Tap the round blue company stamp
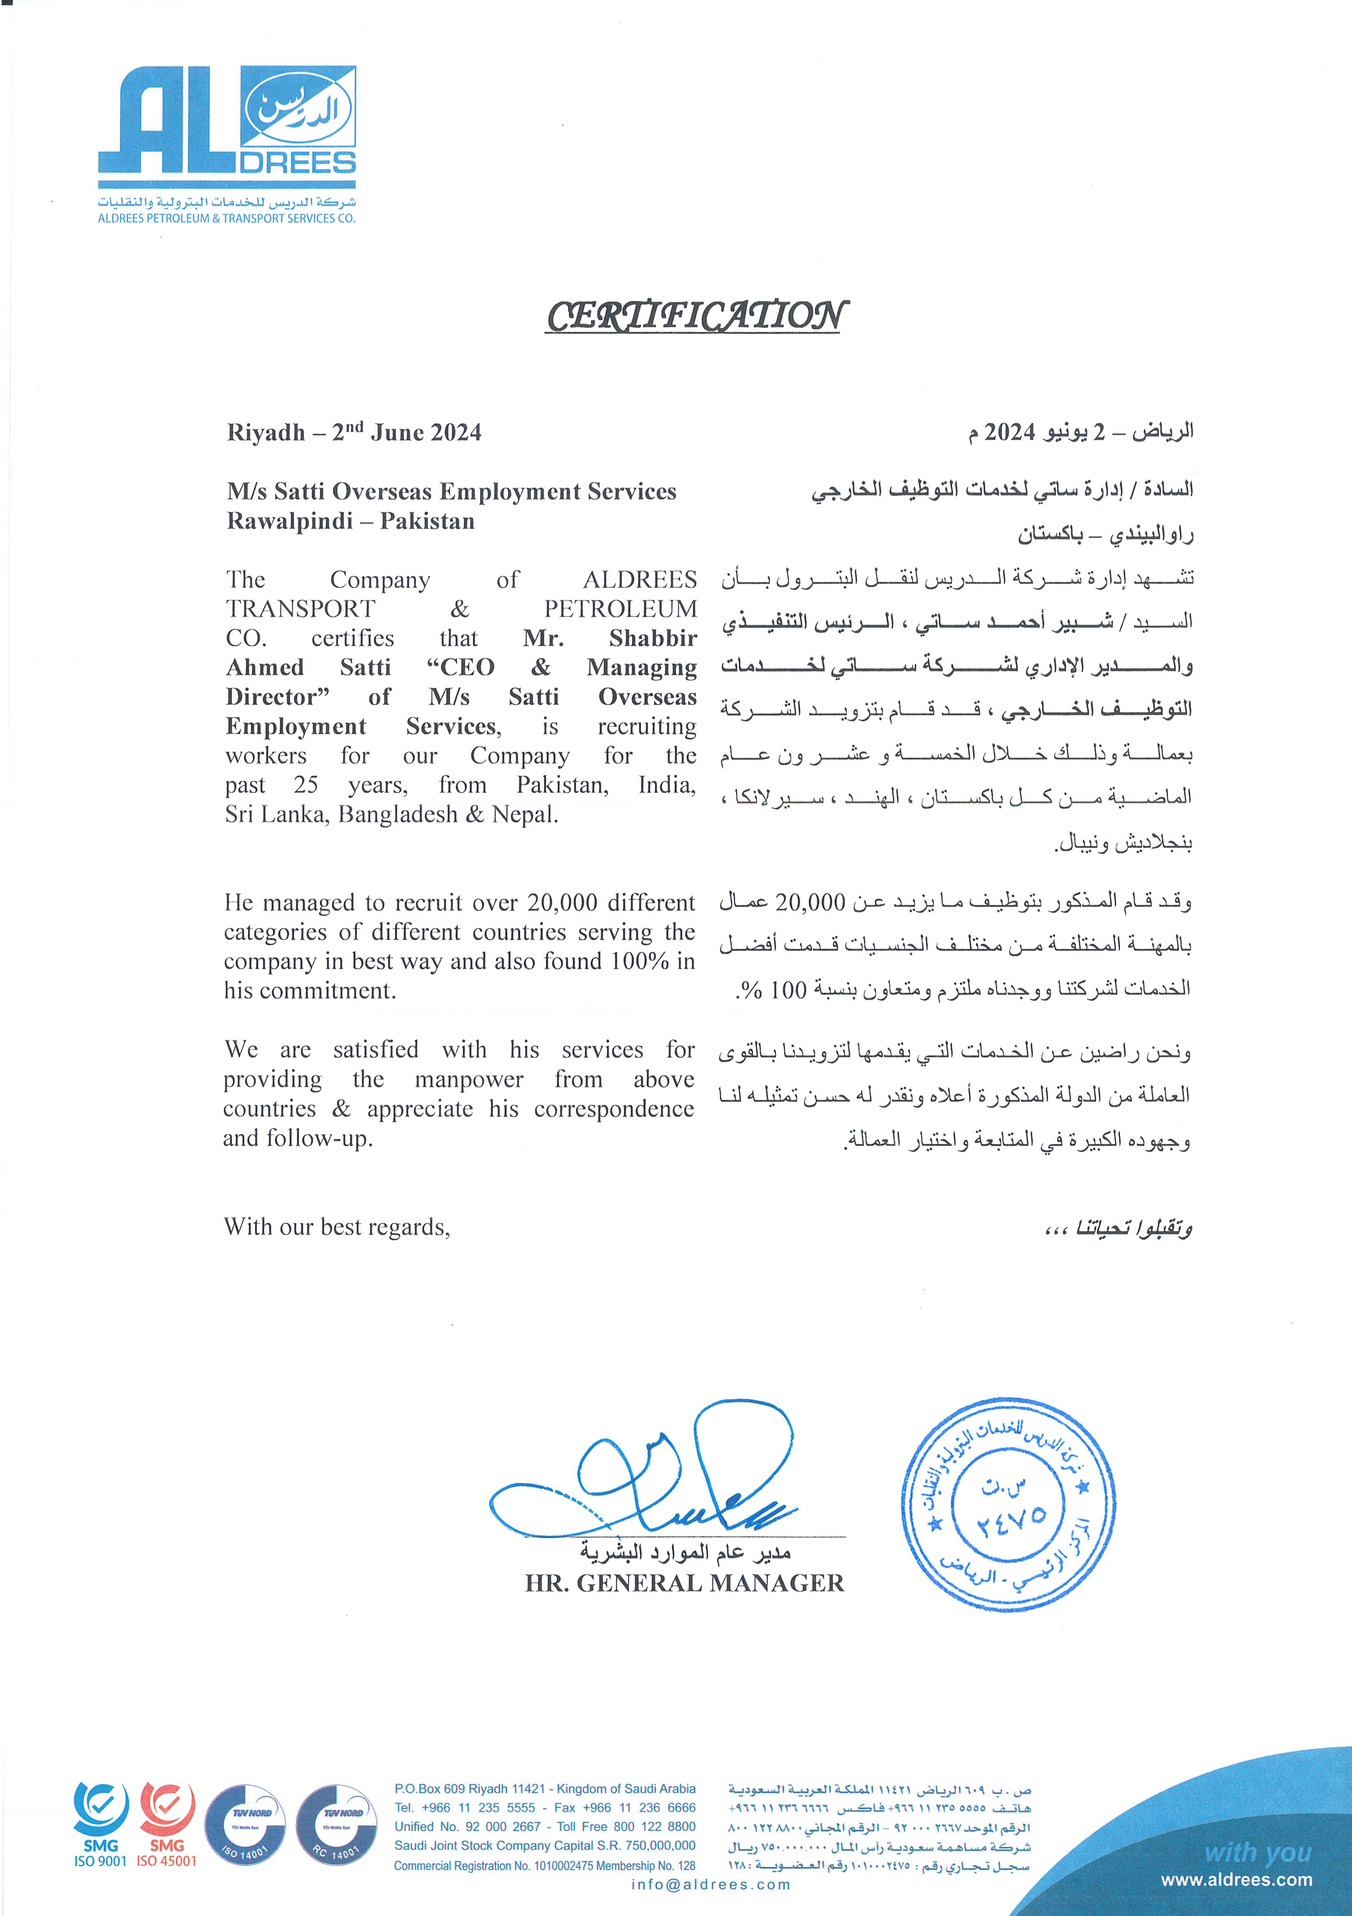pos(1008,1504)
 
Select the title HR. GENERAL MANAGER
pos(684,1583)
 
